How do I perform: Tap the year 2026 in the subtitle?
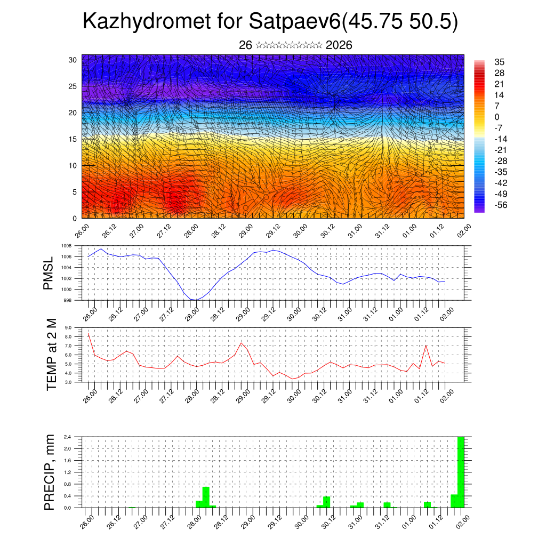click(339, 45)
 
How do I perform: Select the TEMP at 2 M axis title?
click(51, 354)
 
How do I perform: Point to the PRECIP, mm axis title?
click(50, 472)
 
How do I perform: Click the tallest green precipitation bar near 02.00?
click(461, 472)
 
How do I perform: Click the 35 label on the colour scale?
click(500, 62)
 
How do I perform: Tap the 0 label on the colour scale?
click(497, 117)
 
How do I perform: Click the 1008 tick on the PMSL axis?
click(66, 246)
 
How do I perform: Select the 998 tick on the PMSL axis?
click(67, 300)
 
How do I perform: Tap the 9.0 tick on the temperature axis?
click(68, 328)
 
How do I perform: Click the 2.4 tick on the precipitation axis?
click(68, 437)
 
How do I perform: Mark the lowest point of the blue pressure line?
click(195, 300)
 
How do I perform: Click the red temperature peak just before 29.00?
click(242, 343)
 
